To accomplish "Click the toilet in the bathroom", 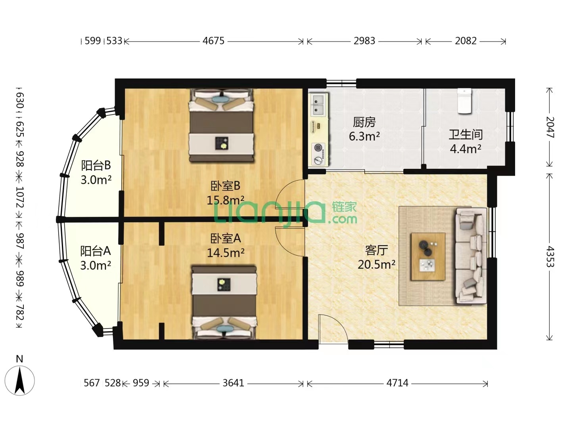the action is pos(464,101).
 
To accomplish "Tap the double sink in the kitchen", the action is pos(318,105).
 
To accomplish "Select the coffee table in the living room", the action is pos(428,256).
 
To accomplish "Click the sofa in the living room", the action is pos(471,255).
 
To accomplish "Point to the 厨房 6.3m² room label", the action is pos(364,129).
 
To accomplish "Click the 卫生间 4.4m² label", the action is pos(466,141).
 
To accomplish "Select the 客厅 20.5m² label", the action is pos(376,257).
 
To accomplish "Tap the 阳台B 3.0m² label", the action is pos(96,172).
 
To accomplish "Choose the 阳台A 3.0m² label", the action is pos(96,258).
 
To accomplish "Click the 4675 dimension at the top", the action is pos(213,41).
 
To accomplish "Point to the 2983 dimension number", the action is pos(364,41).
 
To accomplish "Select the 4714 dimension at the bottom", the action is pos(397,383).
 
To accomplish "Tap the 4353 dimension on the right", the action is pos(550,256).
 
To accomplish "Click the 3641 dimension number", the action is pos(233,383).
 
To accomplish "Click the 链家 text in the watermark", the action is pos(344,207).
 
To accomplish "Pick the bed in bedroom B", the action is pos(221,126).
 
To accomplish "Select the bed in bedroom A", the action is pos(224,302).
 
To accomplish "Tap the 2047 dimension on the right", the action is pos(550,127).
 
